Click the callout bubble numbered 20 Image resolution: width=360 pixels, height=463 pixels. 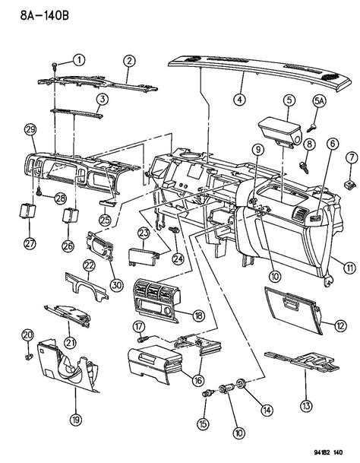(x=27, y=335)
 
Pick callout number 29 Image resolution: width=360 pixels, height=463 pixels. (x=30, y=131)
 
